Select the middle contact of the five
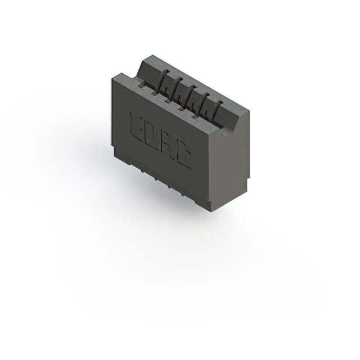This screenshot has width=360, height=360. (190, 96)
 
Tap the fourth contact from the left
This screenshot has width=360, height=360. (203, 103)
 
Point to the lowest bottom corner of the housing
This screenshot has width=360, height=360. (213, 211)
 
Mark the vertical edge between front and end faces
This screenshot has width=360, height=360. (213, 169)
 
